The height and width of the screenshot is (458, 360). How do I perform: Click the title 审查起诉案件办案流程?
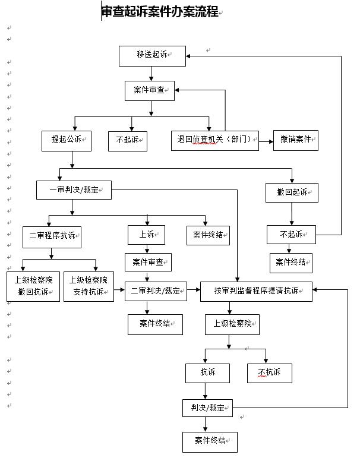160,12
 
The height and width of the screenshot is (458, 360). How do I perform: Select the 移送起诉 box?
151,55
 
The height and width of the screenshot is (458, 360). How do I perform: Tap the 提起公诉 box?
65,140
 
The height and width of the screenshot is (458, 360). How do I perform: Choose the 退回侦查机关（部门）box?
214,140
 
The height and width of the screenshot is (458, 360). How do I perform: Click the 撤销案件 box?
295,140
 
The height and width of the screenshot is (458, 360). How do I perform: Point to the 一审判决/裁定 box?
73,189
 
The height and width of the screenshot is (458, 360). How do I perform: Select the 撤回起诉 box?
292,192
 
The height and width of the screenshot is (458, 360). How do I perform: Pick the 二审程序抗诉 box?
52,236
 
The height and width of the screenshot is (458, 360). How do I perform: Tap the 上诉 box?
147,235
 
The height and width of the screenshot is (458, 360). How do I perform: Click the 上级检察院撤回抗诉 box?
33,286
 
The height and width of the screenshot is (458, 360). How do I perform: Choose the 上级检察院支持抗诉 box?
89,286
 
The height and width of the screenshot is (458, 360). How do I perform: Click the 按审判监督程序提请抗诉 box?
255,291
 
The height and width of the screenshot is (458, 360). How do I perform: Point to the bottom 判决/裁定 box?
207,408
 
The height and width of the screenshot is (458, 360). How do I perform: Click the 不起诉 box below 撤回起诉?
291,234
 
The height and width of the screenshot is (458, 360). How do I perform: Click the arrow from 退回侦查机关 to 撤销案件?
266,140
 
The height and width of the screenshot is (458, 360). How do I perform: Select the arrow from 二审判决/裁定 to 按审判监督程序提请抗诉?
193,291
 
